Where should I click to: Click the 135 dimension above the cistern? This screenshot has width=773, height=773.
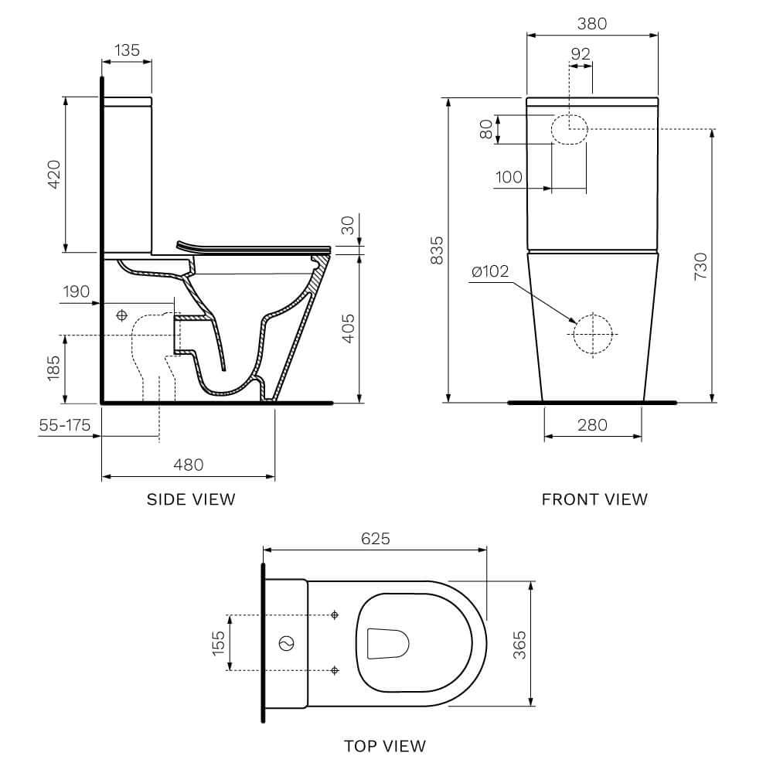pyautogui.click(x=128, y=50)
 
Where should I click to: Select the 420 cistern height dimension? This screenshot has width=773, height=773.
pyautogui.click(x=54, y=174)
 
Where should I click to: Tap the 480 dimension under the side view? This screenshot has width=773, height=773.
pyautogui.click(x=189, y=465)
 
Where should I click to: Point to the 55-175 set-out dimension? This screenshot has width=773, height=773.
pyautogui.click(x=65, y=425)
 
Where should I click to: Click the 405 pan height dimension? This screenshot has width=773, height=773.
pyautogui.click(x=348, y=329)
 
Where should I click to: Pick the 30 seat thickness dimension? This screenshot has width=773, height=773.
pyautogui.click(x=348, y=225)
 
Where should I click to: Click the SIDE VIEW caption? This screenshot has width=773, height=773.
pyautogui.click(x=191, y=499)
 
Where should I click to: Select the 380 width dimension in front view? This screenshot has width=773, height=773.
pyautogui.click(x=592, y=24)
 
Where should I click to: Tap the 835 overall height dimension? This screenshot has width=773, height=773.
pyautogui.click(x=437, y=250)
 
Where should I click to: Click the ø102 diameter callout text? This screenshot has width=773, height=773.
pyautogui.click(x=490, y=271)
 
